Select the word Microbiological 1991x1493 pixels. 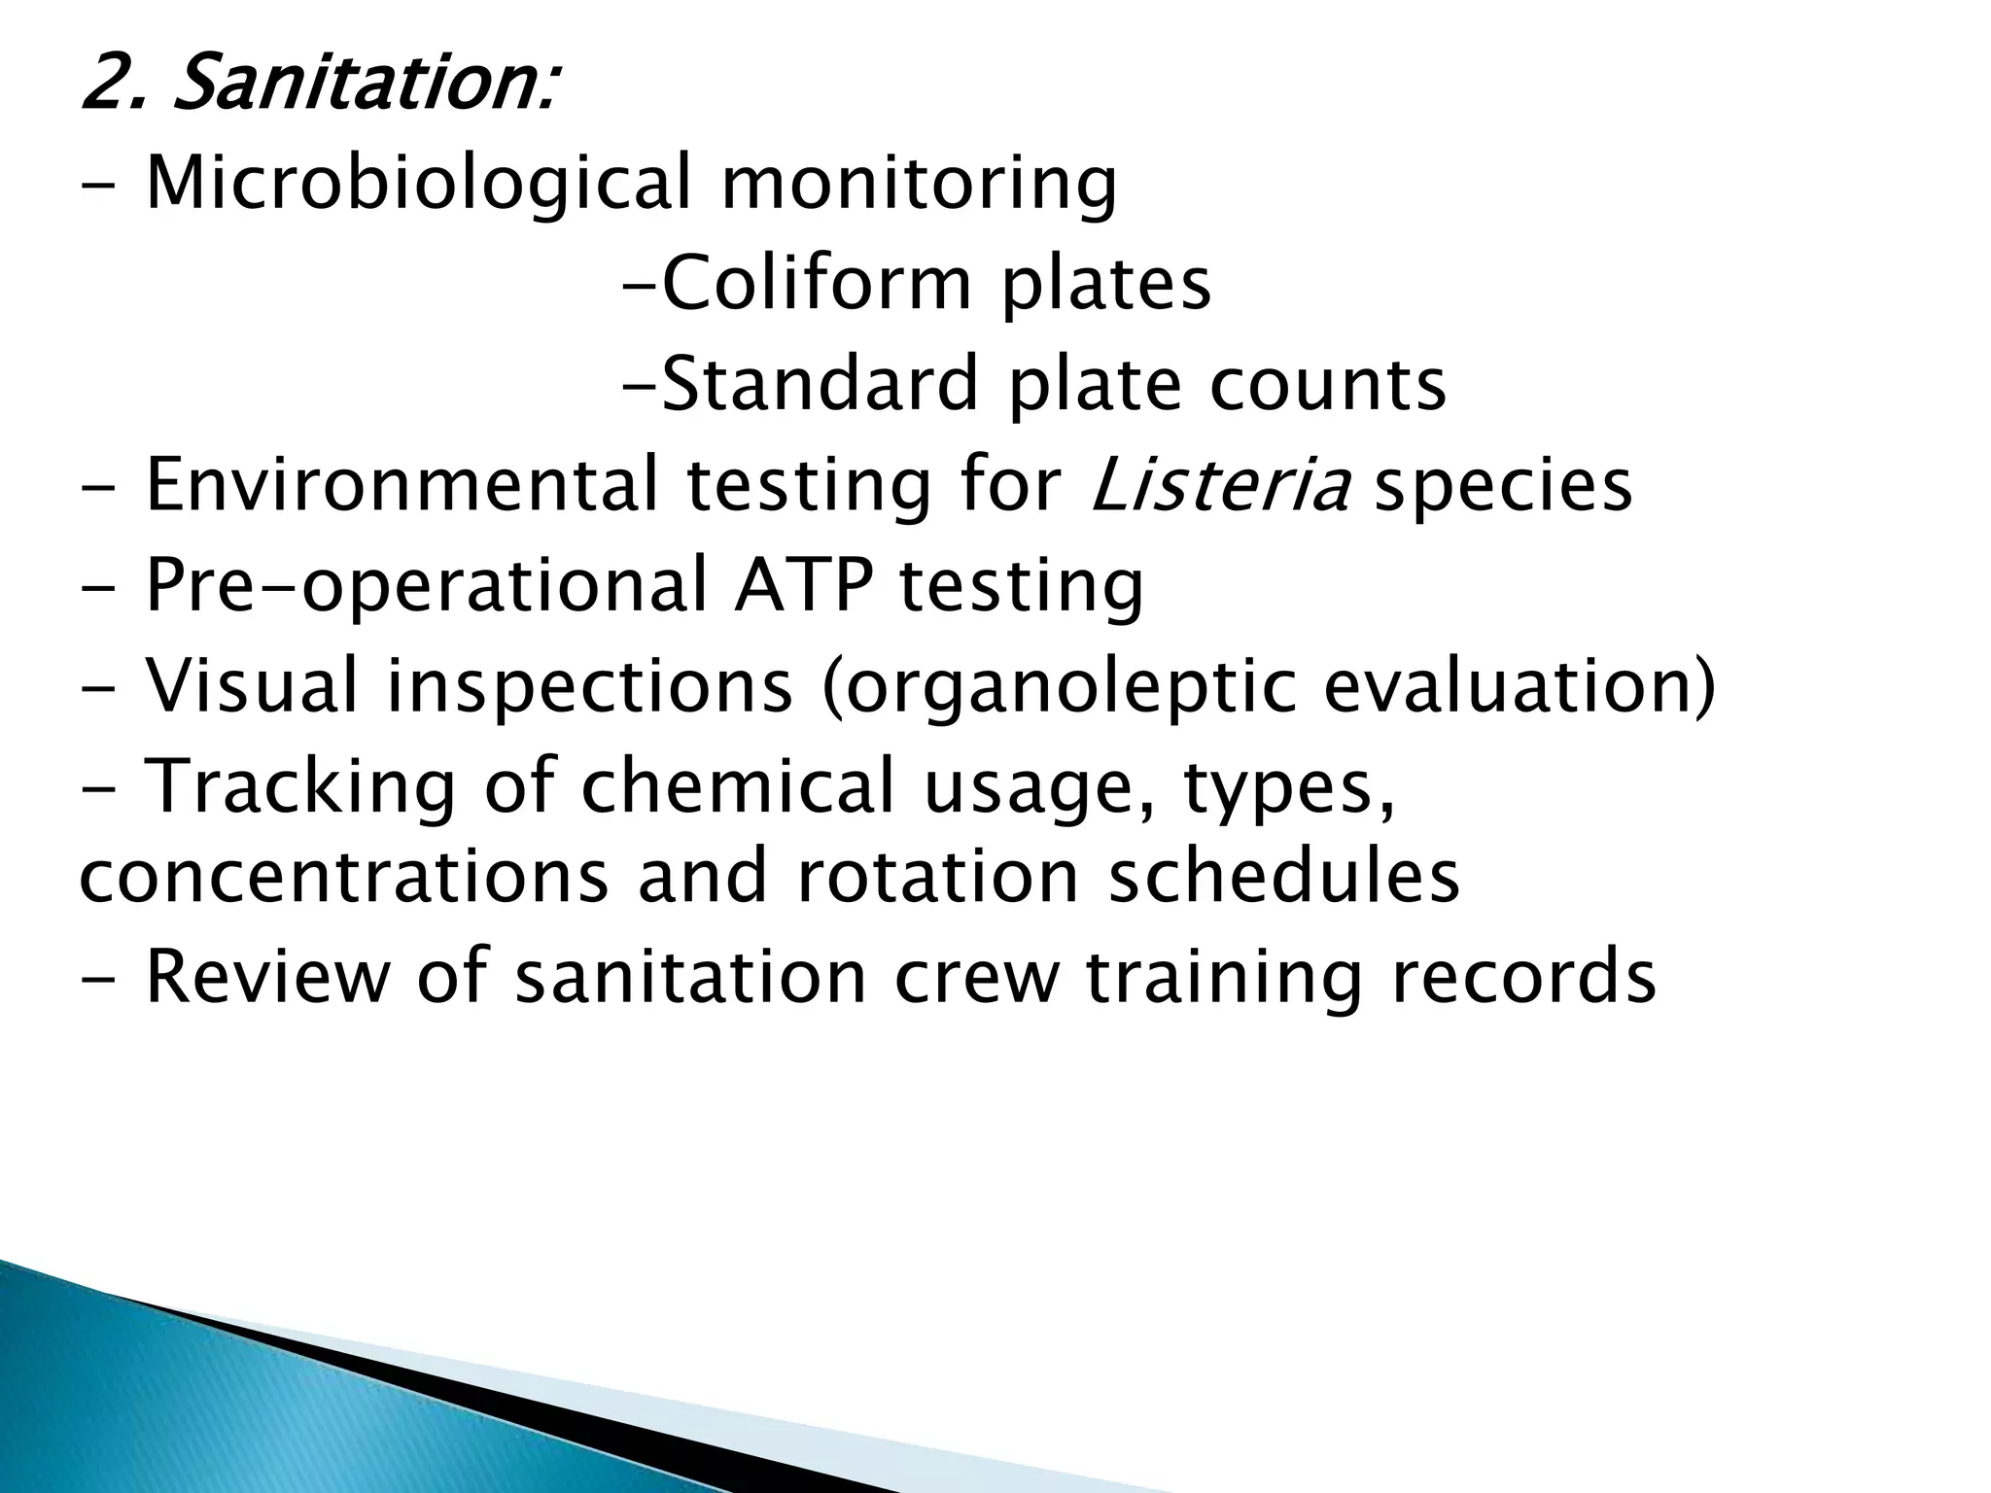[x=418, y=183]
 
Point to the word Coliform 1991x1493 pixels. [x=817, y=284]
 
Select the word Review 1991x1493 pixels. [x=266, y=977]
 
